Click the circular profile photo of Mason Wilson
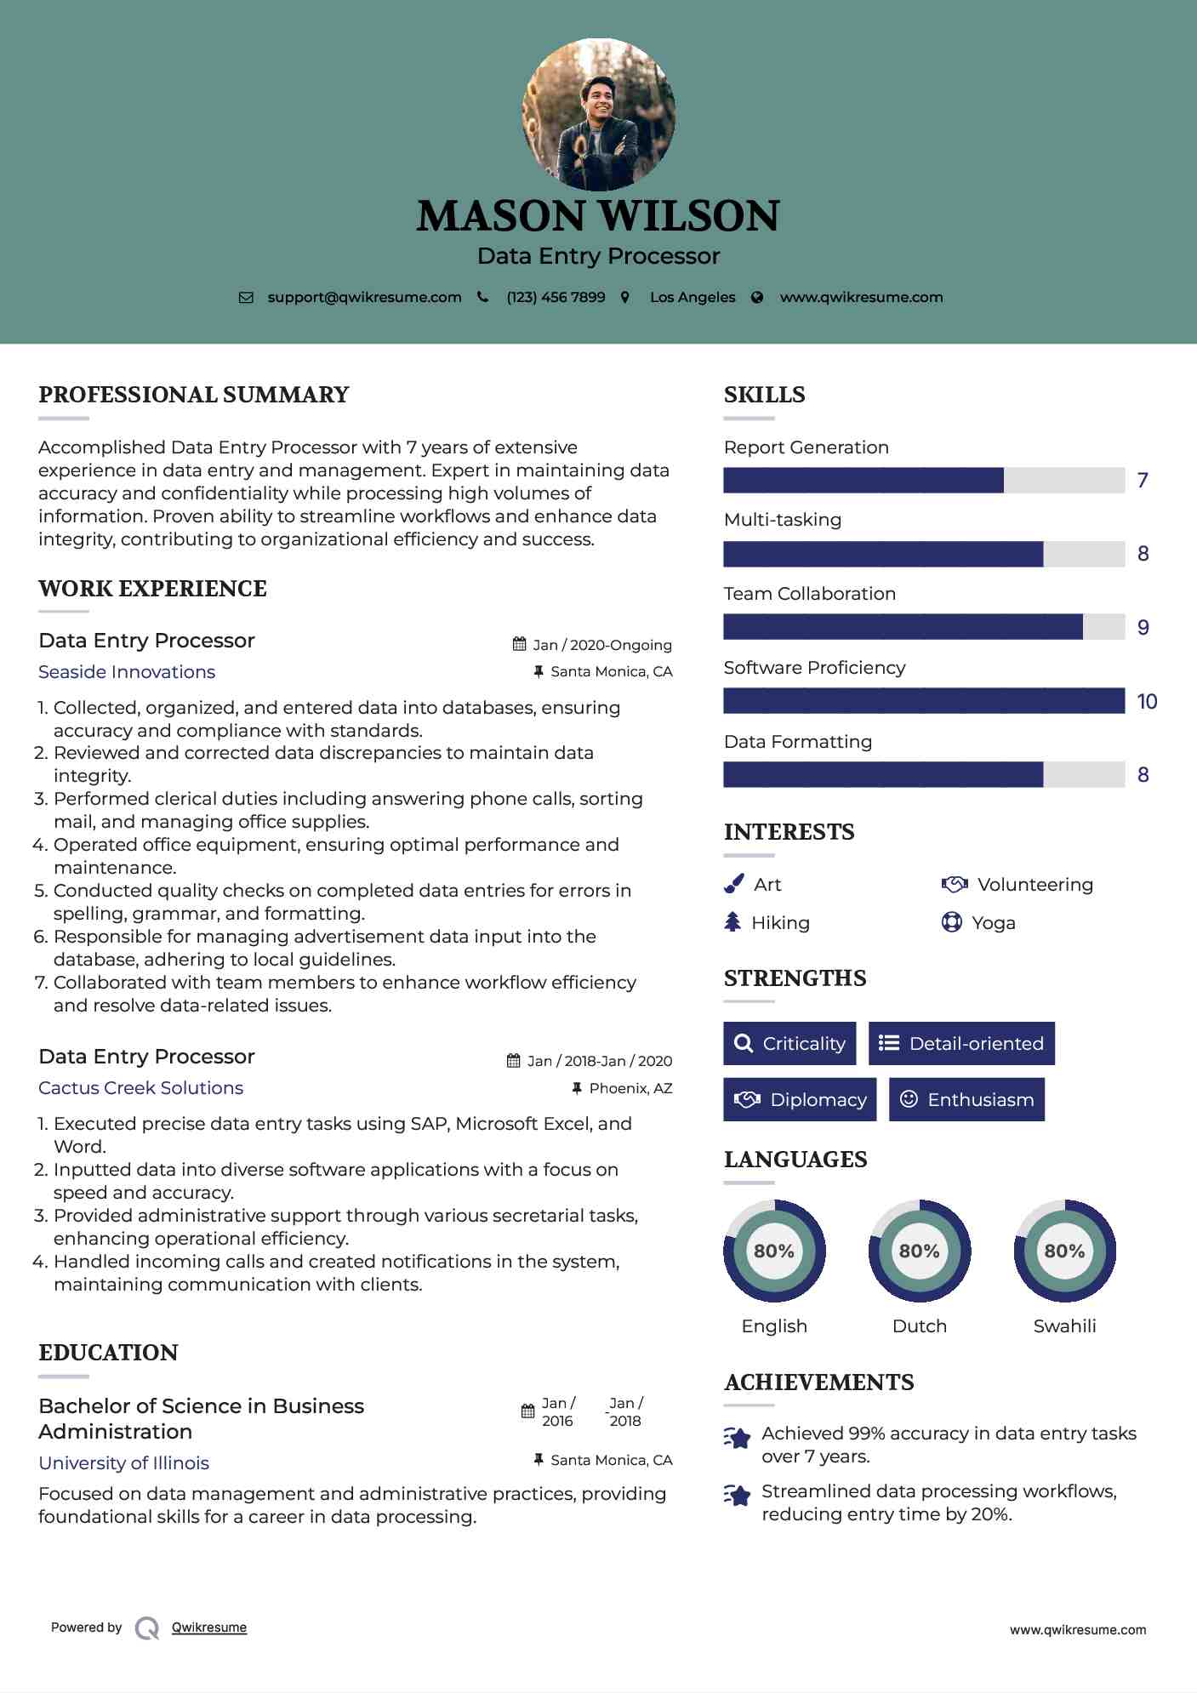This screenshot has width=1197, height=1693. point(598,114)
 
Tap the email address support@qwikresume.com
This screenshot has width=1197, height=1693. point(364,297)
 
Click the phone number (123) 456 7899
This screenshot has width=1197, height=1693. point(556,297)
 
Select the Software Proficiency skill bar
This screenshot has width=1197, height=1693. point(924,701)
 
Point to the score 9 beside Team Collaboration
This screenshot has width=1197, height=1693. point(1143,628)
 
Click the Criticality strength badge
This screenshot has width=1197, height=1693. point(789,1043)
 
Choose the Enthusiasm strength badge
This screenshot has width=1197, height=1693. point(966,1099)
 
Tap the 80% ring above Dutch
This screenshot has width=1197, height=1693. point(919,1251)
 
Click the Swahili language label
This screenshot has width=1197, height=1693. point(1064,1325)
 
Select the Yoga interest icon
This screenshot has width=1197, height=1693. point(951,922)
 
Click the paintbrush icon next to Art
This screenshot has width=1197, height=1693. point(733,885)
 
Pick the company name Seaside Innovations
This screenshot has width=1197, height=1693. point(127,672)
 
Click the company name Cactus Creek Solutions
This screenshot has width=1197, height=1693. point(141,1088)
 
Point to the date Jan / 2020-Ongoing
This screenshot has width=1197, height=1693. point(601,645)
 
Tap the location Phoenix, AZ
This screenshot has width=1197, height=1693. point(630,1088)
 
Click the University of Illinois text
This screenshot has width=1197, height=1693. point(124,1462)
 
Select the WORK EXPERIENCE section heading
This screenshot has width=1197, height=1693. point(153,589)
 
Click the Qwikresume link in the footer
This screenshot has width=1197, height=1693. point(209,1627)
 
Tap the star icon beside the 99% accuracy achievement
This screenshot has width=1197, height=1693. point(738,1439)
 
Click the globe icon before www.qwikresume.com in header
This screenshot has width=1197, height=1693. point(757,297)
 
